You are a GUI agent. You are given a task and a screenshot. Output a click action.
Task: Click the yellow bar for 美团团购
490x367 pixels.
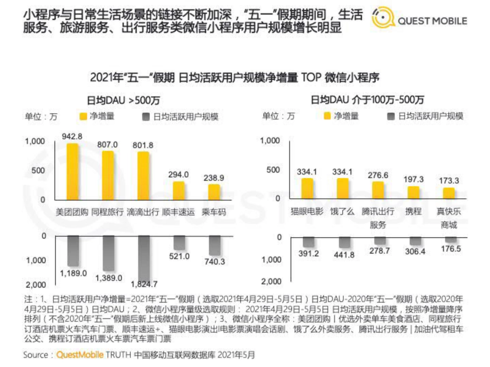pos(72,171)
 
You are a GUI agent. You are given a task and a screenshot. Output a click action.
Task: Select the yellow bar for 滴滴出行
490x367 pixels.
pos(143,176)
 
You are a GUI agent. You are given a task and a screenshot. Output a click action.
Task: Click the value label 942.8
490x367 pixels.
pos(72,137)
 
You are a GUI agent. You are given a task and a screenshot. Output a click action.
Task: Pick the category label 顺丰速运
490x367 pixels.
pos(178,213)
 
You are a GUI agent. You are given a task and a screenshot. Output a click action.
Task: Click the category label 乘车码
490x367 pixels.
pos(214,213)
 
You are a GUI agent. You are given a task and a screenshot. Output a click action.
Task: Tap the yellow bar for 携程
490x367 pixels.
pos(414,192)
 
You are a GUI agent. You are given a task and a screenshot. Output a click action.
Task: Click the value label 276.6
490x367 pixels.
pos(378,175)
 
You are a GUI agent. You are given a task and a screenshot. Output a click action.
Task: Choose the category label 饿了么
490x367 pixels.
pos(343,211)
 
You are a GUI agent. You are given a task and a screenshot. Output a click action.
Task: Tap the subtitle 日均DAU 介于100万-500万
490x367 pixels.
pos(367,100)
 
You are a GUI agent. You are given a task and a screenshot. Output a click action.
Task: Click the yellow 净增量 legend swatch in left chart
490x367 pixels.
pos(83,116)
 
